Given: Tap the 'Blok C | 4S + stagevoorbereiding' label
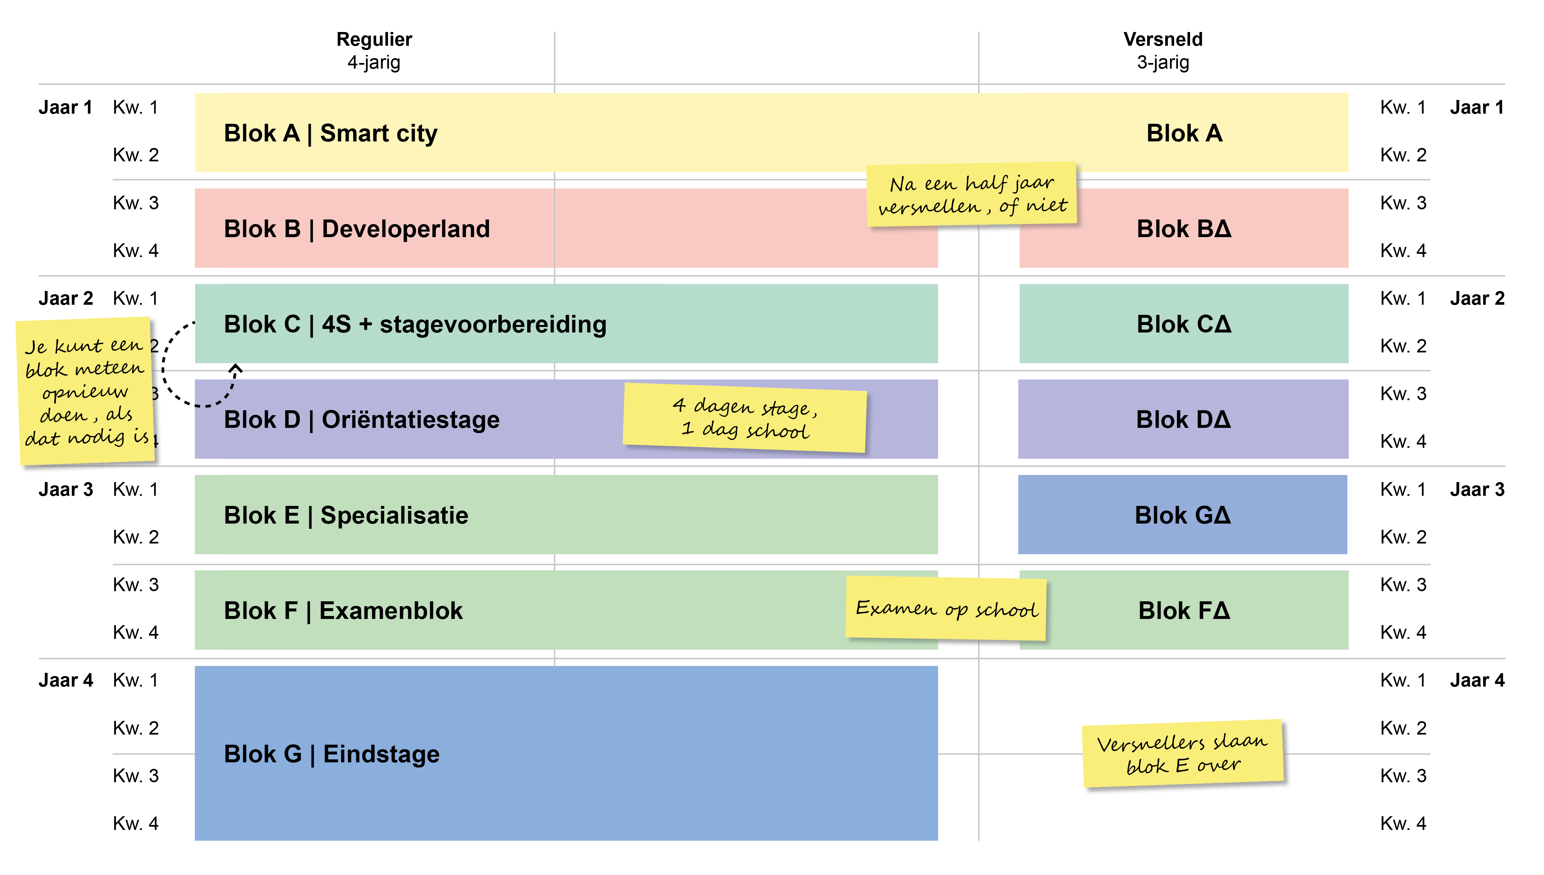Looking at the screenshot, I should coord(415,325).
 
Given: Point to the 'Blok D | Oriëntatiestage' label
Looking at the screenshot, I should coord(361,419).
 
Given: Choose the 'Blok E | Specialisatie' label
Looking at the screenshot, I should coord(346,515).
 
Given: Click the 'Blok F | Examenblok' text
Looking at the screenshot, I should coord(343,610).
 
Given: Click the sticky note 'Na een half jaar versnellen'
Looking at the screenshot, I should coord(972,194).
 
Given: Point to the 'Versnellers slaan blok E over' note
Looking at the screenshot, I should coord(1182,753).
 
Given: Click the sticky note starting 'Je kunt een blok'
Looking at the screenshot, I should coord(85,391).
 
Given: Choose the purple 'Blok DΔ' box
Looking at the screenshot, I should coord(1183,419).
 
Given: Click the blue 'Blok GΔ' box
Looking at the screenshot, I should coord(1182,515).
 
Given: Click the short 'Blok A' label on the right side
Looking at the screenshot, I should coord(1184,133).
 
